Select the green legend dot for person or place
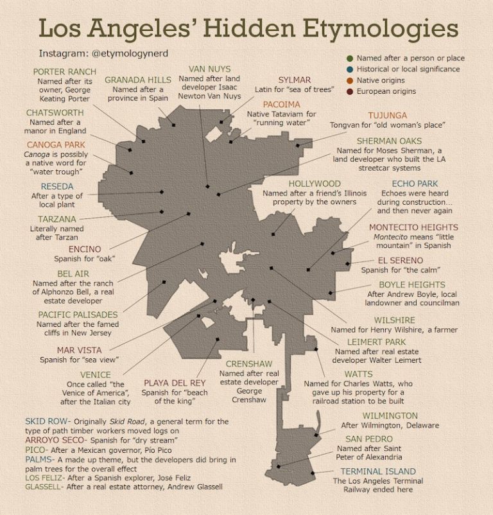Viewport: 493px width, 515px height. (x=349, y=58)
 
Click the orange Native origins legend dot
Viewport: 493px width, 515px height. (x=349, y=80)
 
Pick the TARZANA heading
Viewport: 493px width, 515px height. (x=56, y=219)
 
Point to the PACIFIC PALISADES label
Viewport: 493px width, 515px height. (x=78, y=315)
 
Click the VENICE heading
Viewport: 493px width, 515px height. (x=95, y=374)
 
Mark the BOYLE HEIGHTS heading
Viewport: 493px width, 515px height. (x=411, y=284)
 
